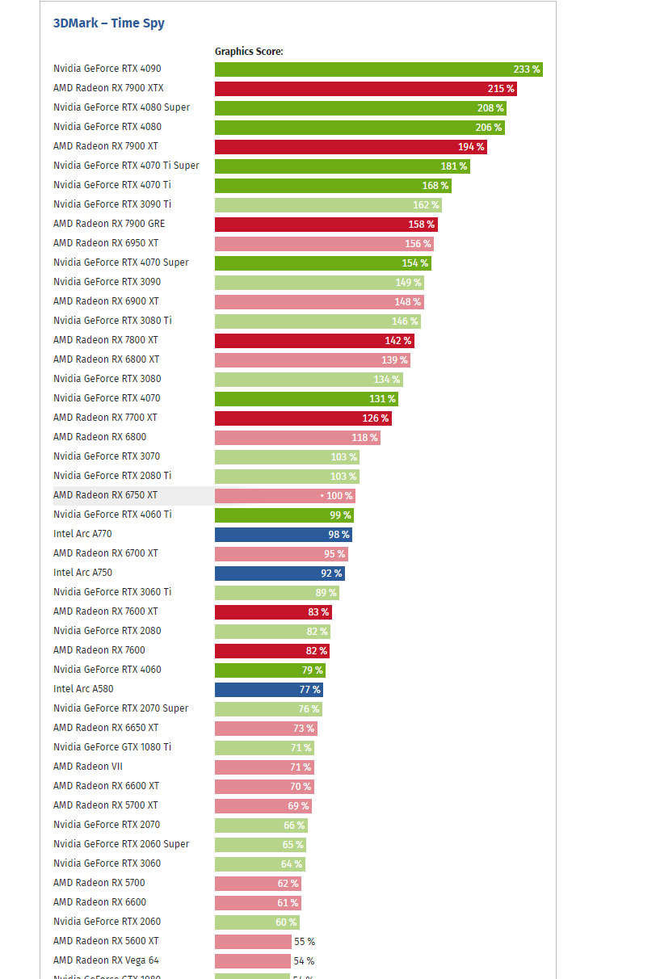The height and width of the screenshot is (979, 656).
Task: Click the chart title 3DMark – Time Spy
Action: tap(108, 23)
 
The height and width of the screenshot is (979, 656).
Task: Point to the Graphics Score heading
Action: tap(249, 52)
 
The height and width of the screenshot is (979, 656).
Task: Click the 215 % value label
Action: tap(501, 89)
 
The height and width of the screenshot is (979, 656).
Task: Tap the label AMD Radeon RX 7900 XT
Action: tap(106, 146)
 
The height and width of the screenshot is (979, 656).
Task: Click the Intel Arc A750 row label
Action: tap(82, 573)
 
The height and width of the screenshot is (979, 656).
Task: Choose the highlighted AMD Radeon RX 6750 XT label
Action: tap(105, 495)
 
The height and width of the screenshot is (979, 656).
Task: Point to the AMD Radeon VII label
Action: tap(88, 767)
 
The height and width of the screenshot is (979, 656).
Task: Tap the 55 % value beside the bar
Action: tap(305, 942)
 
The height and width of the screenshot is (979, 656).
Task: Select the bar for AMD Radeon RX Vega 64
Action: tap(252, 961)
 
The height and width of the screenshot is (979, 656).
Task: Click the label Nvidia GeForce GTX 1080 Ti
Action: tap(112, 747)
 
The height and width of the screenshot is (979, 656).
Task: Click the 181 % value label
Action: tap(453, 166)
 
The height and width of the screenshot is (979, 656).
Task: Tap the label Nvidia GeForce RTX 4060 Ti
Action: tap(112, 515)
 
